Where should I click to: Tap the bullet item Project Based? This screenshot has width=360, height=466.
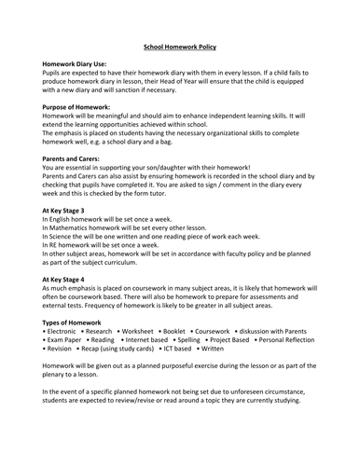[261, 342]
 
